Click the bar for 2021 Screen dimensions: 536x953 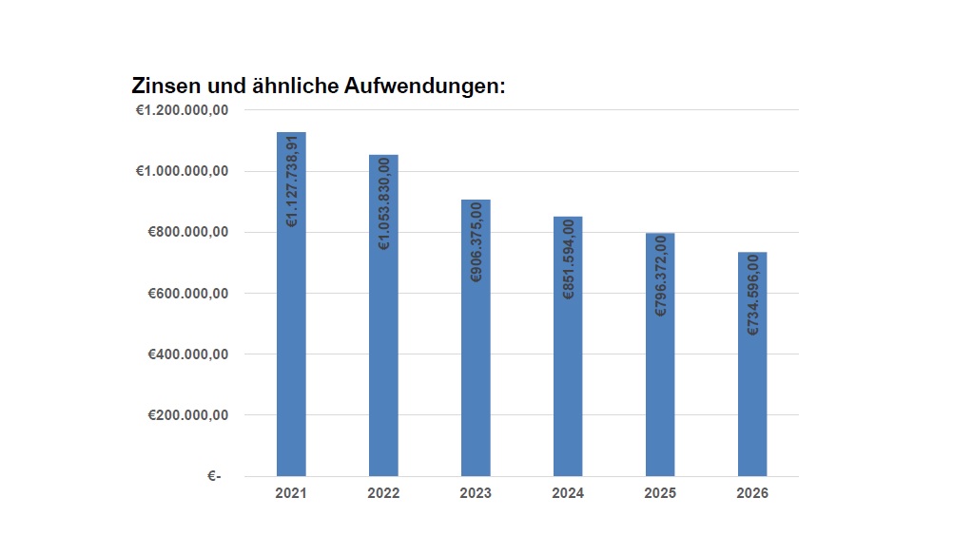point(291,361)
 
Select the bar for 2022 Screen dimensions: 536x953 point(383,371)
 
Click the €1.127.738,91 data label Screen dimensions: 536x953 point(292,181)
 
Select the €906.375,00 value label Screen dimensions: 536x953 point(476,241)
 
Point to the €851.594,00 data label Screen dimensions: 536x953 point(569,259)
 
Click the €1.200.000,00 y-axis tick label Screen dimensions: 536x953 point(182,110)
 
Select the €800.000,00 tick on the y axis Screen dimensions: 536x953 point(188,233)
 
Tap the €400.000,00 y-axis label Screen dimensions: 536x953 point(188,354)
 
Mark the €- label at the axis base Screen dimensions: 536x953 point(214,476)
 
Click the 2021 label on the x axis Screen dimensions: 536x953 point(291,494)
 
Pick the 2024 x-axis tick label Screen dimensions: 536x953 point(568,494)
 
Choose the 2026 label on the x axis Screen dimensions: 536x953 point(752,494)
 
